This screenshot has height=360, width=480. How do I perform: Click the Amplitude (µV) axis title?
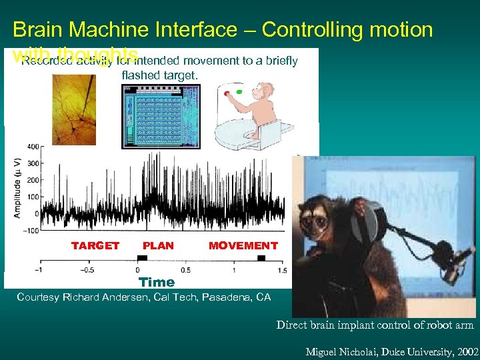pyautogui.click(x=17, y=188)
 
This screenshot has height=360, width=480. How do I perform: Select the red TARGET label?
pyautogui.click(x=95, y=246)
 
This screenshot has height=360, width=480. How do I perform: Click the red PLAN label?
pyautogui.click(x=158, y=246)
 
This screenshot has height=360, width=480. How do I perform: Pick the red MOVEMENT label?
pyautogui.click(x=243, y=246)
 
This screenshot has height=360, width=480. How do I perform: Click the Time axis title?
pyautogui.click(x=157, y=283)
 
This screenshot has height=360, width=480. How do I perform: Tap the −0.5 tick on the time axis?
pyautogui.click(x=88, y=270)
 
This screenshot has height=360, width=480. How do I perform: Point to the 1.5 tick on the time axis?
pyautogui.click(x=281, y=270)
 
